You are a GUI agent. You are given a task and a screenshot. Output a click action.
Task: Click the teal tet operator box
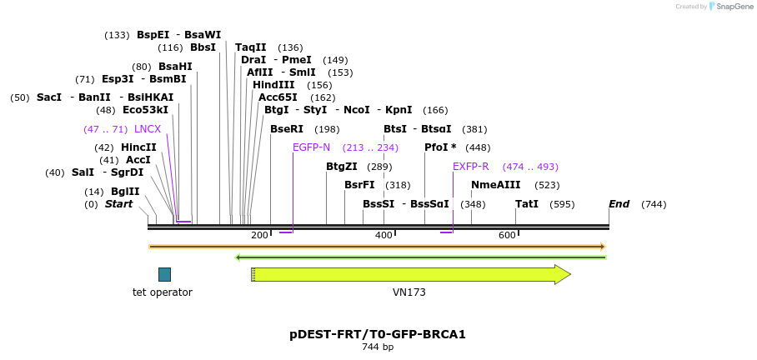tap(164, 274)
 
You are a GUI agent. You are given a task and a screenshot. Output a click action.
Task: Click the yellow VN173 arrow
tap(409, 274)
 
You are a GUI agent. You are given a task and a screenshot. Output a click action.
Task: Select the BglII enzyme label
tap(125, 192)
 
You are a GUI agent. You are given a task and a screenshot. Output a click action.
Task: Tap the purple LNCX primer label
tap(148, 129)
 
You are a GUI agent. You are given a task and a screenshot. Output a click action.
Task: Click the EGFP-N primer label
tap(312, 147)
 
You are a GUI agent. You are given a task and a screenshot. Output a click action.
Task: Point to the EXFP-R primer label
tap(471, 167)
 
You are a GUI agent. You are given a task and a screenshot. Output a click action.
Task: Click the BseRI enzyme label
tap(287, 129)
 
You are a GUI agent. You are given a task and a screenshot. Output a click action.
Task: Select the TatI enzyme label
tap(527, 204)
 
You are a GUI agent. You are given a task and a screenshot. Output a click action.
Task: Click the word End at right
tap(619, 204)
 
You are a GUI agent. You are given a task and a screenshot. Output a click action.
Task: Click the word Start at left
tap(118, 204)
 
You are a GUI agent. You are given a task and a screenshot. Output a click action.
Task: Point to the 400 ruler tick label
tap(384, 236)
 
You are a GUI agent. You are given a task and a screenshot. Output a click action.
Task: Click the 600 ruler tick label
tap(507, 236)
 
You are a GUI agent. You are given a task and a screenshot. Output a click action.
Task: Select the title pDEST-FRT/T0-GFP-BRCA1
tap(378, 334)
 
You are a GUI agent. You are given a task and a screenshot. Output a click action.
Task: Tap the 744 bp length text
tap(378, 347)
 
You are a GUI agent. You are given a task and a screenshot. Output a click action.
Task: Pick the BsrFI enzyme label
tap(359, 185)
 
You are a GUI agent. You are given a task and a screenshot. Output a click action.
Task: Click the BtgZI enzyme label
tap(342, 167)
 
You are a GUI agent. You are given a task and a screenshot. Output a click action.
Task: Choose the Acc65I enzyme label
tap(278, 97)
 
